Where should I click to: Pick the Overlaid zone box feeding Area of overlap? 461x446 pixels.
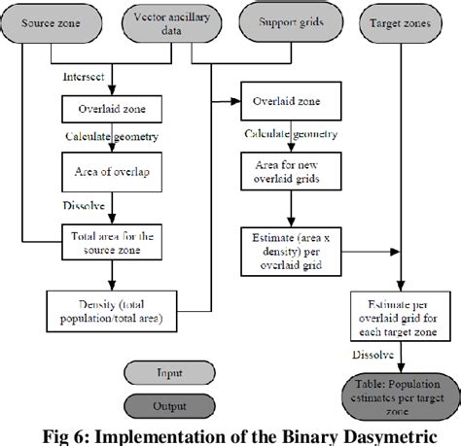tap(104, 107)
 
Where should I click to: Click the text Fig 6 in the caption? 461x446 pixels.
tap(54, 433)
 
